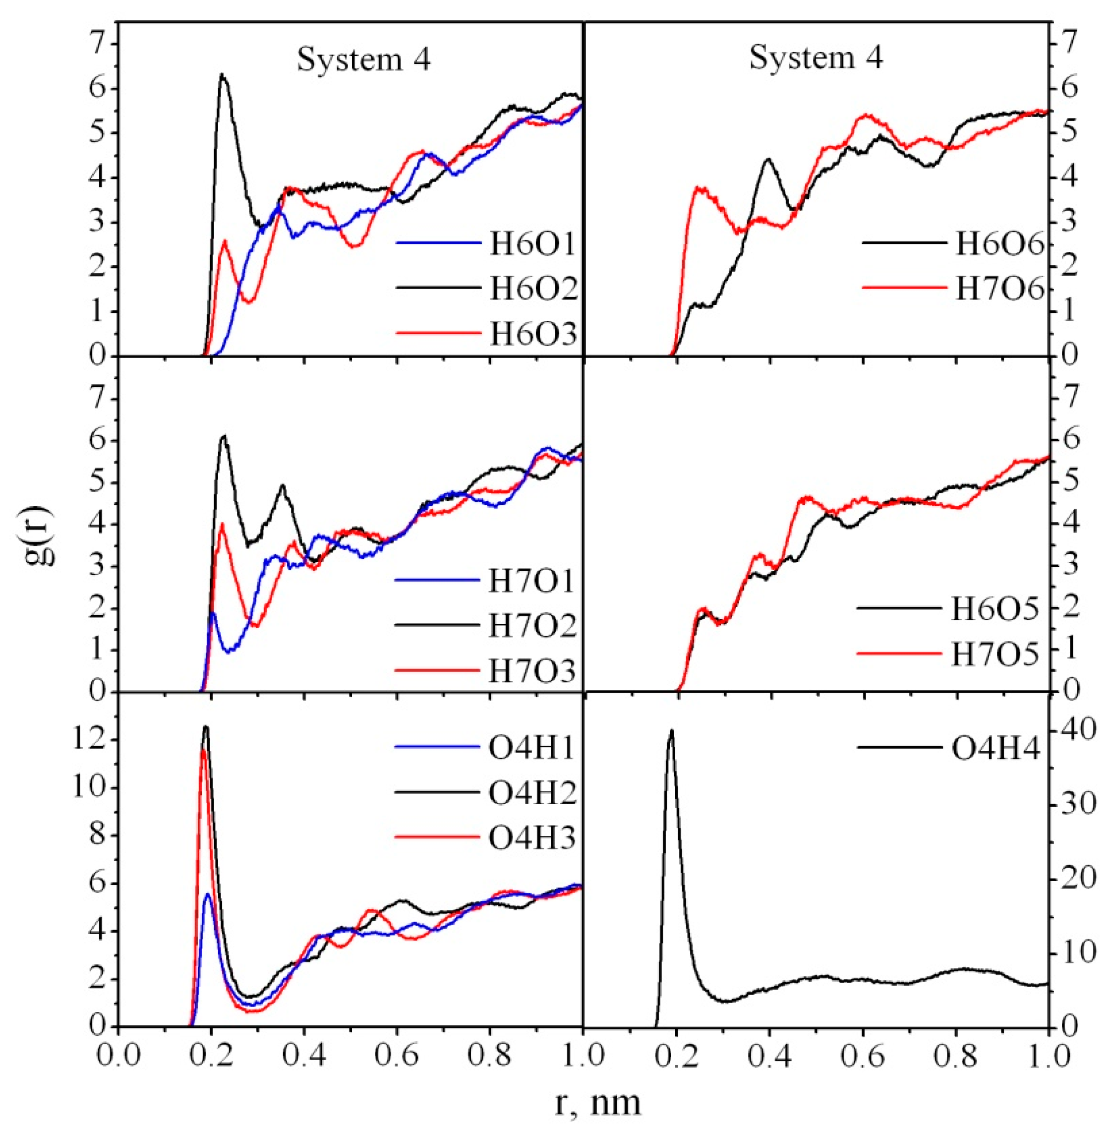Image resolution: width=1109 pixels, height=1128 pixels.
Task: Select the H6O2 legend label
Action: point(532,289)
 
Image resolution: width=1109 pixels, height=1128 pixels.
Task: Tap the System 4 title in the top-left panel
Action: point(364,59)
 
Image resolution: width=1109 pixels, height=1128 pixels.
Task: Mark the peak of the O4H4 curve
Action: point(672,729)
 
